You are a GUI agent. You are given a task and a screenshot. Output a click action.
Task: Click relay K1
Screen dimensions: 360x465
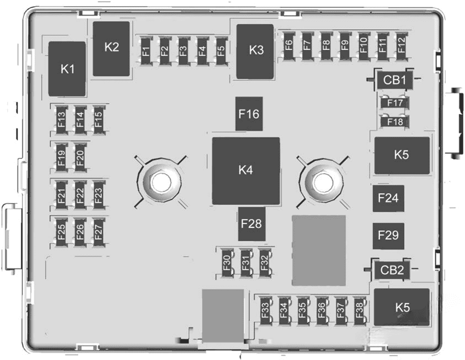pos(67,69)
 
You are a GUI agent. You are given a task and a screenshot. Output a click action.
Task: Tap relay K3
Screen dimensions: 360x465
pos(256,51)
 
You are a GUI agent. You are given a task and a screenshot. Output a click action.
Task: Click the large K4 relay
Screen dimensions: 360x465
pos(246,170)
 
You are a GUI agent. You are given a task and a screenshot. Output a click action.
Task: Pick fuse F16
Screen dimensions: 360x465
pos(249,114)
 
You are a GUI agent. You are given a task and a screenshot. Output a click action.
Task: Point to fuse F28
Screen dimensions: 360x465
pos(252,224)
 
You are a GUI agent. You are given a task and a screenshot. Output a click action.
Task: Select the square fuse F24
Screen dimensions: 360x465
pos(389,198)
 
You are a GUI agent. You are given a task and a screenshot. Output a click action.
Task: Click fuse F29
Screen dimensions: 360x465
pos(389,236)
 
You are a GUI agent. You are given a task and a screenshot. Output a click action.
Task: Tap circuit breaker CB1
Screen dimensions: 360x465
pos(394,80)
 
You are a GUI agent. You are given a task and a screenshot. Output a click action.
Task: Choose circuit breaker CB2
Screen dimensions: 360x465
pos(392,270)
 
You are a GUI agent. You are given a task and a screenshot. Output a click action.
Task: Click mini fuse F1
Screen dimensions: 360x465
pos(146,51)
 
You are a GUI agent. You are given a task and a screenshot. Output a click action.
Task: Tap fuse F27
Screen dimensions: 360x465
pos(98,231)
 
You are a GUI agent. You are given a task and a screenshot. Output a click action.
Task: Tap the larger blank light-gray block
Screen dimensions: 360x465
pos(319,250)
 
